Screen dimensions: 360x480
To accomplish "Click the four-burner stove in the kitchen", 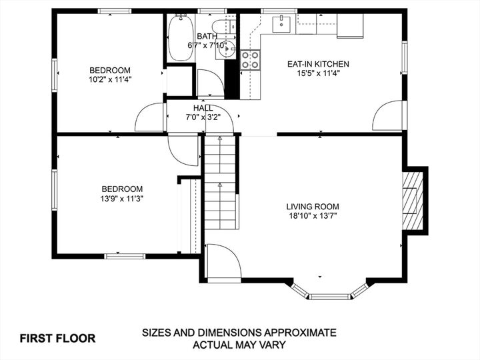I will tap(251, 60).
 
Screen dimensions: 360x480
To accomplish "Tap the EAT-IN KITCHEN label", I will tap(317, 64).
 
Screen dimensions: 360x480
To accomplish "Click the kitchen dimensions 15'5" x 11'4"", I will tap(317, 73).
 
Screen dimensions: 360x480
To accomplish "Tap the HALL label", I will tap(203, 108).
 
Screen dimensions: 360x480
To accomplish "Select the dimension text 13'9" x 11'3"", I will tap(123, 198).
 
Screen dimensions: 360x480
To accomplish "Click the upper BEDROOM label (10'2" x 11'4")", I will tap(110, 70).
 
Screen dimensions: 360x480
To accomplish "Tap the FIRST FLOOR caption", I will tap(57, 338).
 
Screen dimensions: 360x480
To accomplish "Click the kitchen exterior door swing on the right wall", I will tap(389, 117).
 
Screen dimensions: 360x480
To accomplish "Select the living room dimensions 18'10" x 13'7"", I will tap(313, 216).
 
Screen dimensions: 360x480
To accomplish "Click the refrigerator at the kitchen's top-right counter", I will tap(350, 25).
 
